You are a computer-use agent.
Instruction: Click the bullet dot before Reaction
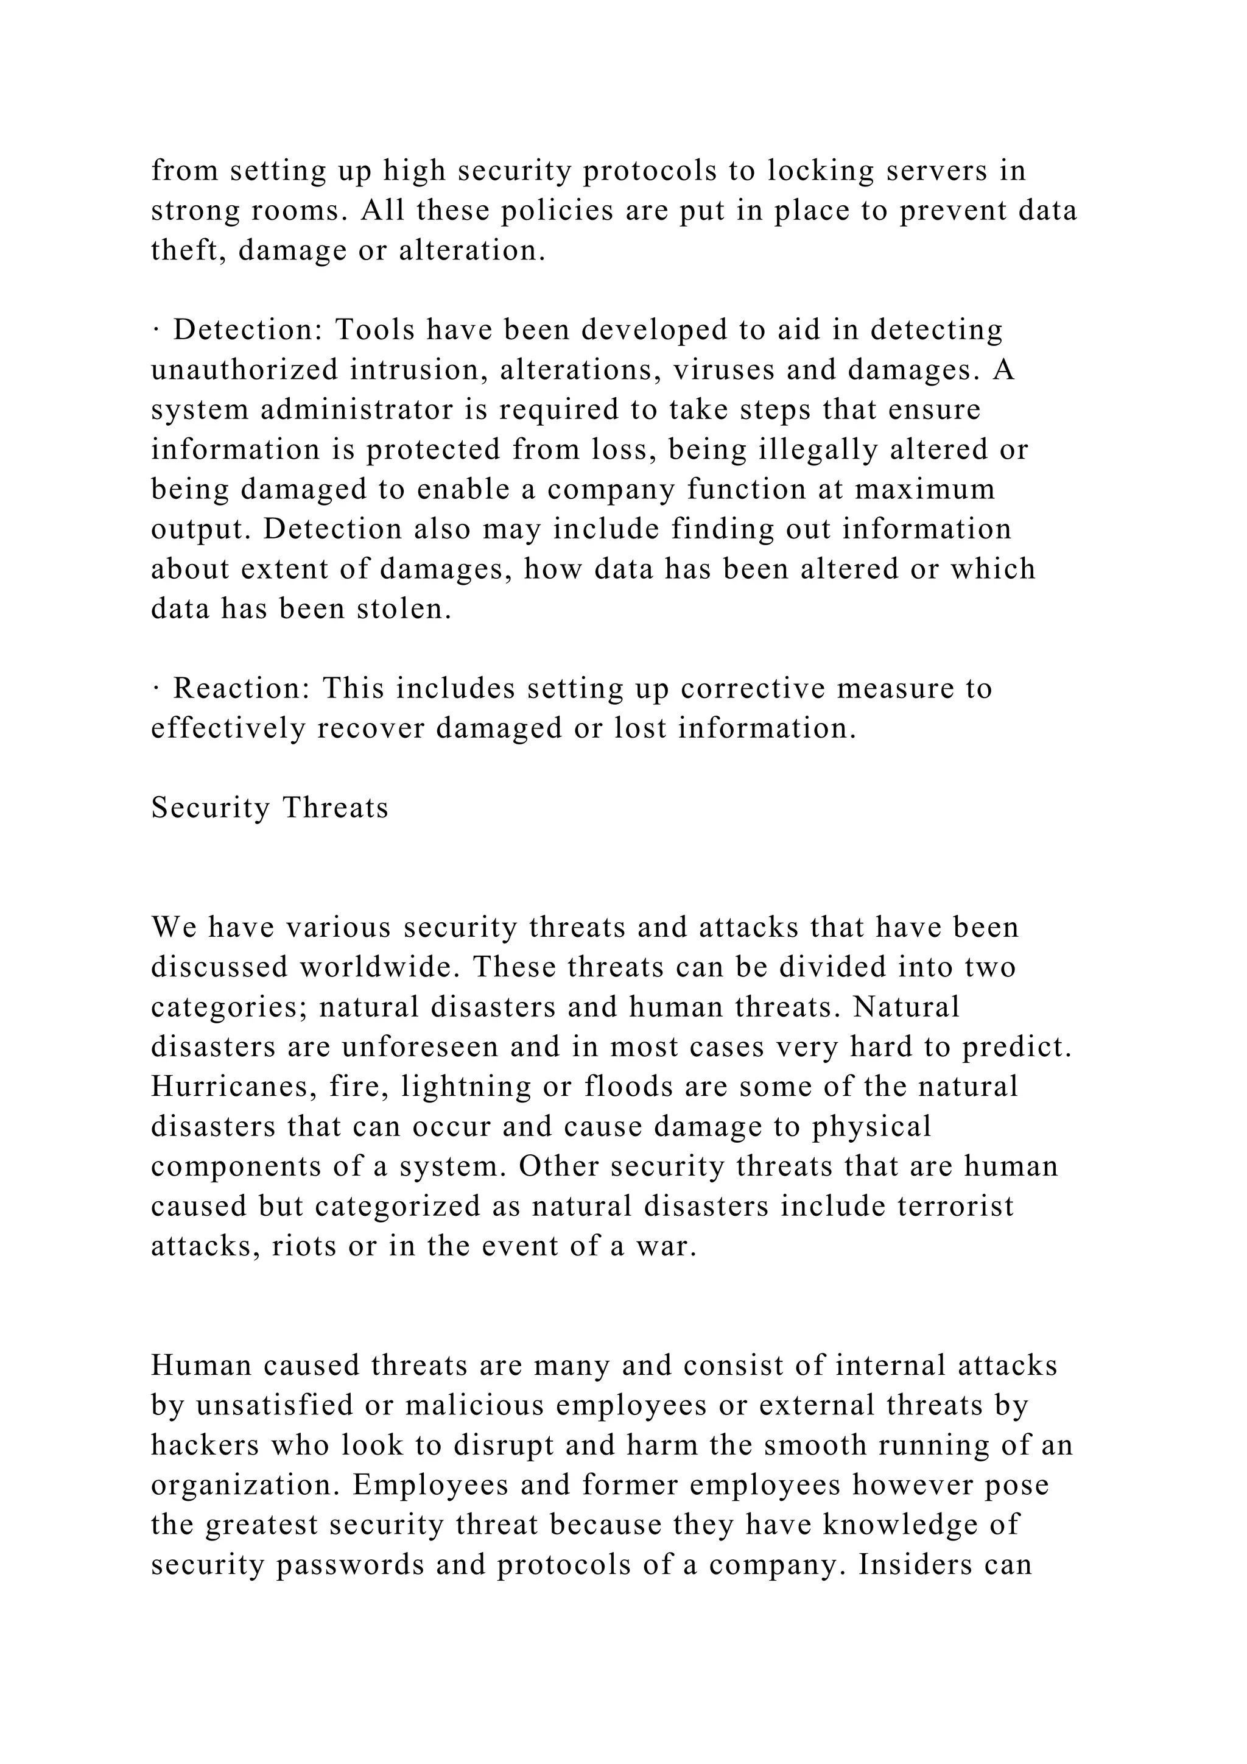click(155, 688)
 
